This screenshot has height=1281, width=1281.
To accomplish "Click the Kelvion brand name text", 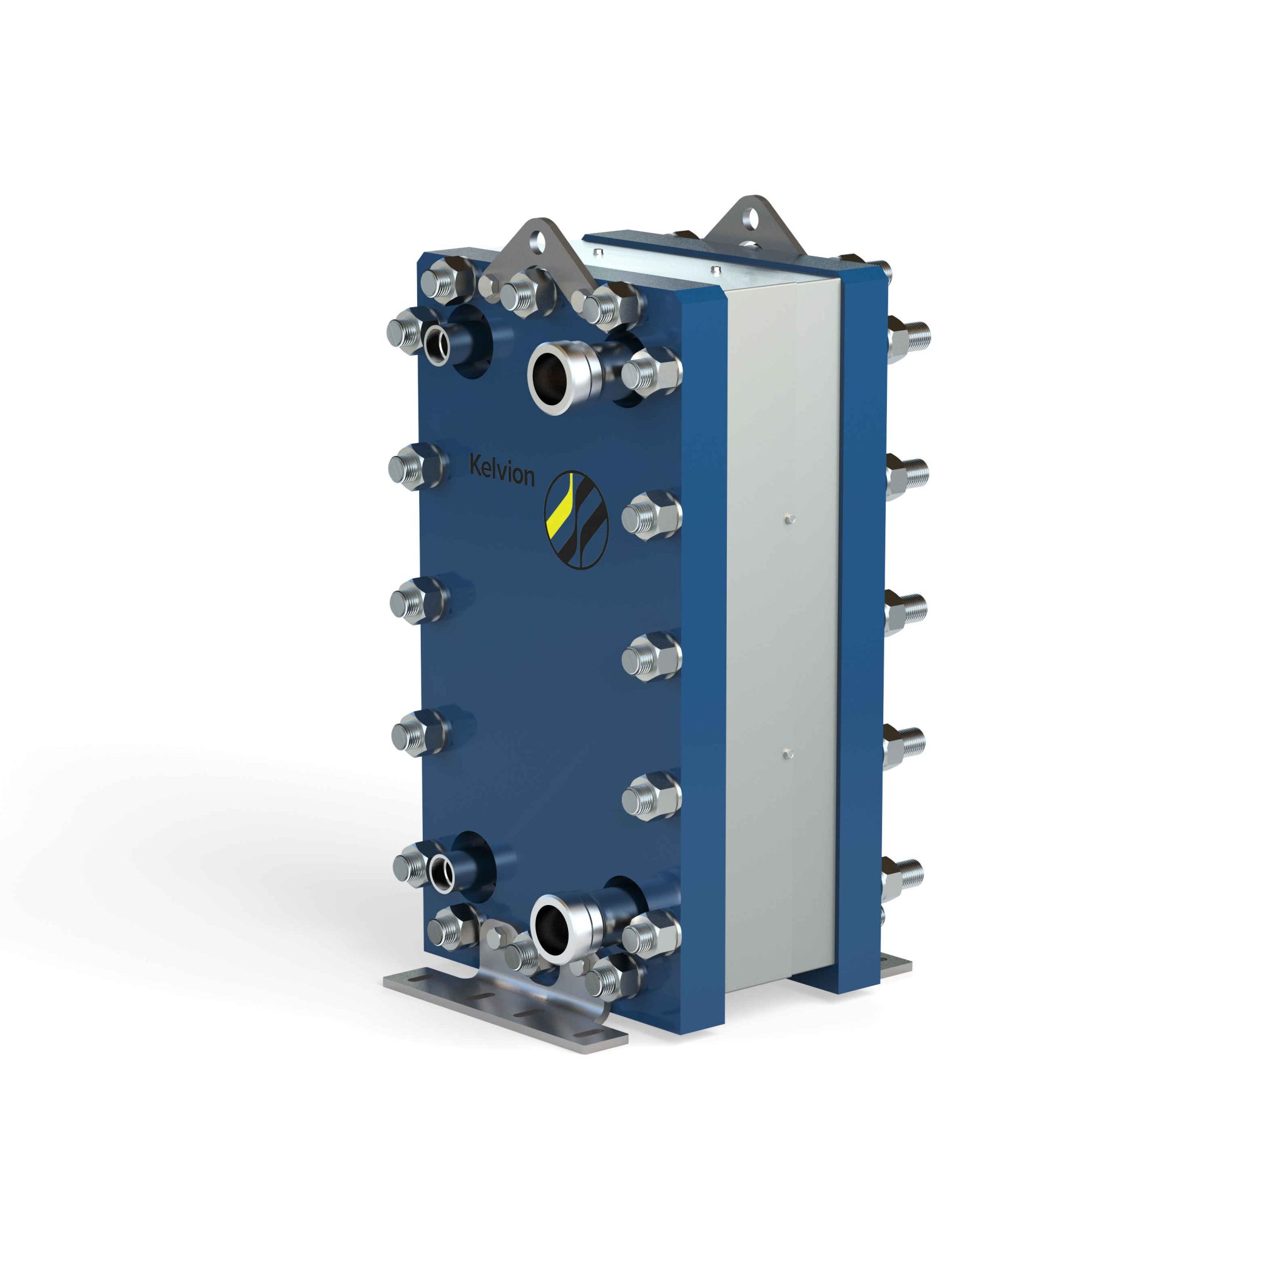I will pos(501,470).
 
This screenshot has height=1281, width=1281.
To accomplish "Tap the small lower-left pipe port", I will pos(441,873).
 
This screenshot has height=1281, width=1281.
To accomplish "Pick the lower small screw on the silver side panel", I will pos(786,753).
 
